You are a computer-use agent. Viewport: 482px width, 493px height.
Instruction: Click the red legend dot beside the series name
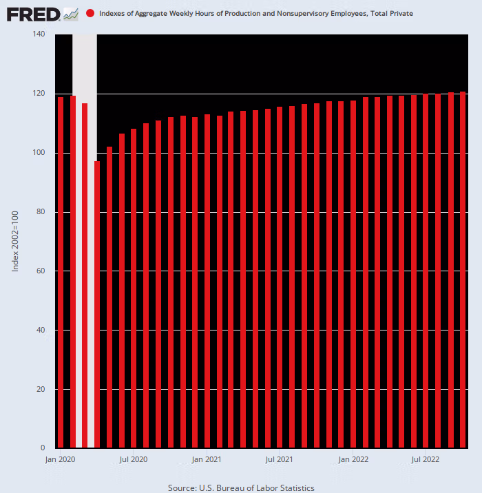coord(91,14)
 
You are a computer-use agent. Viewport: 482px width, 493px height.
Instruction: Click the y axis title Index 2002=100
coord(15,241)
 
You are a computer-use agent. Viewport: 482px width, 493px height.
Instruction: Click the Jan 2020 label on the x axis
coord(60,459)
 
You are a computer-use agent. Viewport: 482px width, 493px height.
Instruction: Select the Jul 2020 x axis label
coord(134,459)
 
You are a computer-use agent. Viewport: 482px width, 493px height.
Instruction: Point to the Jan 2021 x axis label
coord(207,459)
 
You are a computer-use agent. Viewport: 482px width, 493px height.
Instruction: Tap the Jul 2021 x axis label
coord(280,459)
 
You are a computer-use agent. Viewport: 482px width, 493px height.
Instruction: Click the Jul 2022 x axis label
coord(426,459)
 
